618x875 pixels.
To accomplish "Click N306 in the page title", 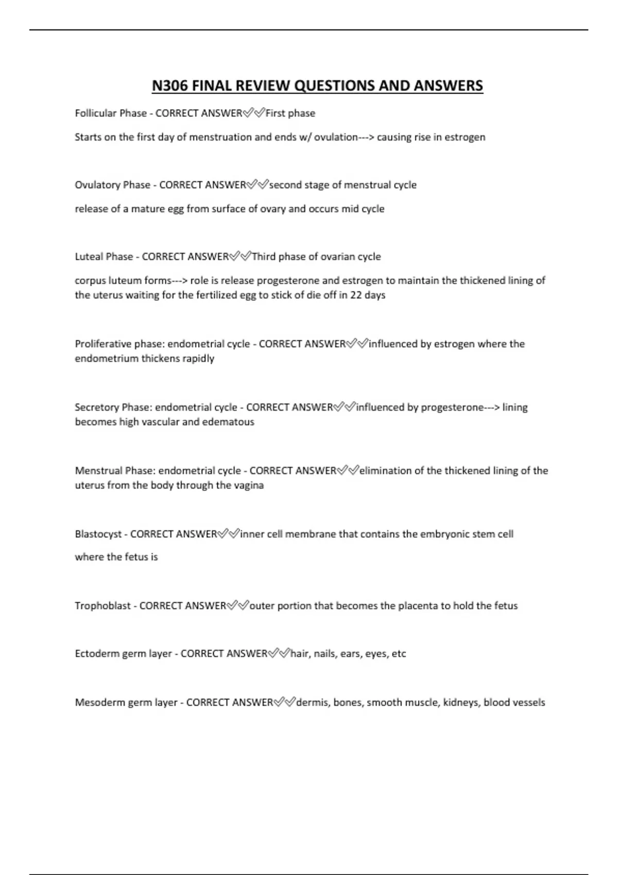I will click(169, 85).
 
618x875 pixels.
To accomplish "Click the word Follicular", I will click(96, 113).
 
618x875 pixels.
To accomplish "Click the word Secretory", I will click(97, 407).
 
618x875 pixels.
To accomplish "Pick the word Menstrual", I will click(98, 470).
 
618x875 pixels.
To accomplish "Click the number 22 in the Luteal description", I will click(356, 295).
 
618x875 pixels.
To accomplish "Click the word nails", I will click(324, 654).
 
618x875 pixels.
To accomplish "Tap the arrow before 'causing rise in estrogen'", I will click(366, 137).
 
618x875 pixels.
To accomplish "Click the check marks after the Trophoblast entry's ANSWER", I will click(238, 606).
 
